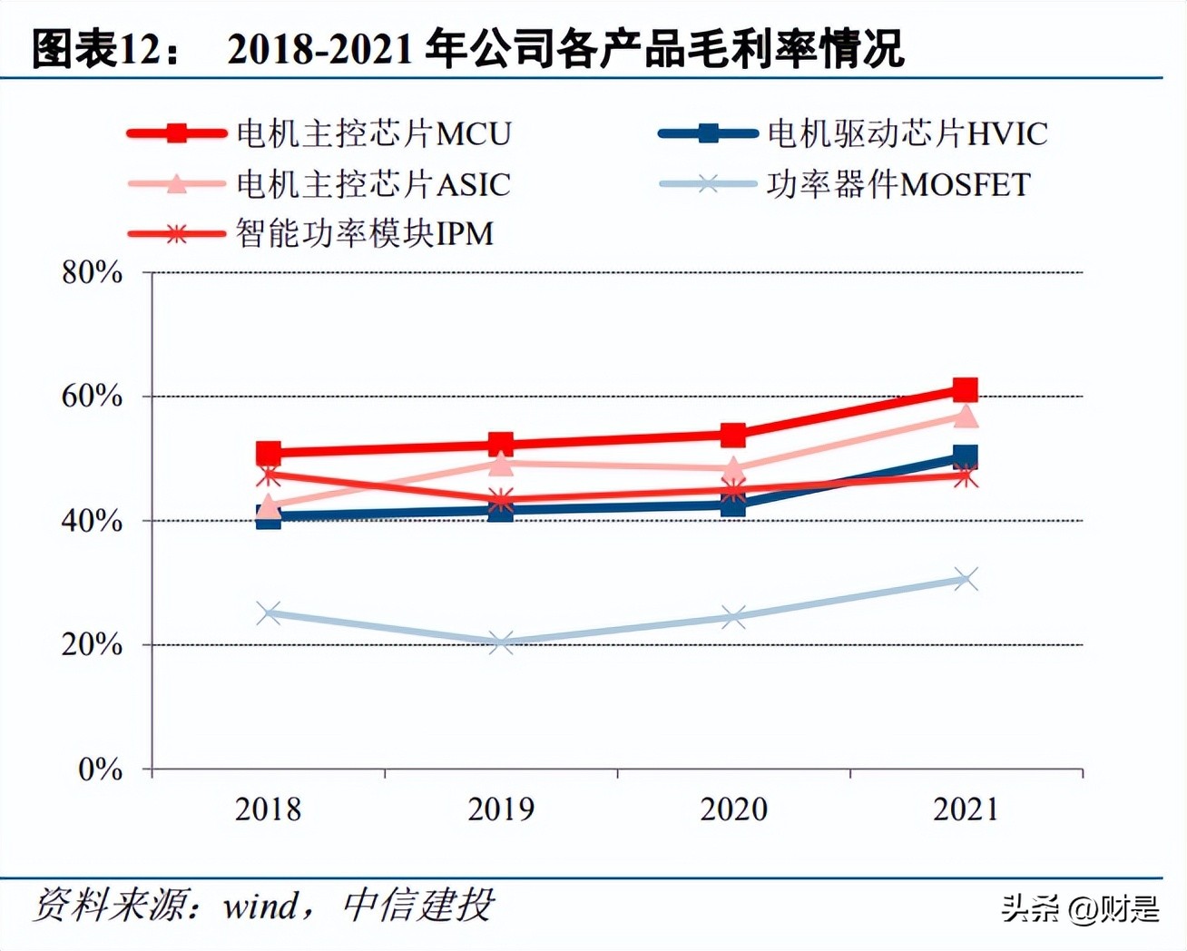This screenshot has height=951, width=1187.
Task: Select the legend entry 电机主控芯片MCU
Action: [373, 134]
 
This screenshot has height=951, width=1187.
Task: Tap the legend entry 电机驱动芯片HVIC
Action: [907, 134]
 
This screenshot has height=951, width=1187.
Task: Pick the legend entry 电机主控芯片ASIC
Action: [373, 185]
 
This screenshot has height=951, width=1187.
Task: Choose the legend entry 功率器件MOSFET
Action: [898, 185]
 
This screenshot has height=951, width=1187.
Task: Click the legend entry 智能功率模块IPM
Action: [364, 234]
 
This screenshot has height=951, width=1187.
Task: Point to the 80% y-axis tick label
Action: [92, 272]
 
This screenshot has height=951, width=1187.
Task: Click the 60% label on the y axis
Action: [92, 397]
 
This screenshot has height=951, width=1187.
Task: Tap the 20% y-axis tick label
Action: [92, 645]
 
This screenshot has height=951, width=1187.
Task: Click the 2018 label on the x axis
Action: [268, 809]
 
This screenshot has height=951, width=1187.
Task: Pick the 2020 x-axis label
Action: [733, 809]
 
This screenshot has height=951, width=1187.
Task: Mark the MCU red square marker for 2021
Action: [966, 390]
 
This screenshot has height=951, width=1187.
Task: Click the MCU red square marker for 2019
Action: [501, 445]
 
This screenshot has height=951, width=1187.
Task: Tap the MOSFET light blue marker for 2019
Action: [501, 643]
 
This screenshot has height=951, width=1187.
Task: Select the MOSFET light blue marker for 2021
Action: [966, 579]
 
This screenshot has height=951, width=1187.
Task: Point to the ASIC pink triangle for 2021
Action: [966, 416]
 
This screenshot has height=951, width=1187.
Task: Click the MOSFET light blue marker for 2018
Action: [269, 613]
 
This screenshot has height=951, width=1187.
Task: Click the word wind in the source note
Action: [260, 906]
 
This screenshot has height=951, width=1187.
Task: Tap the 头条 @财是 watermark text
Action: [1080, 907]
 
